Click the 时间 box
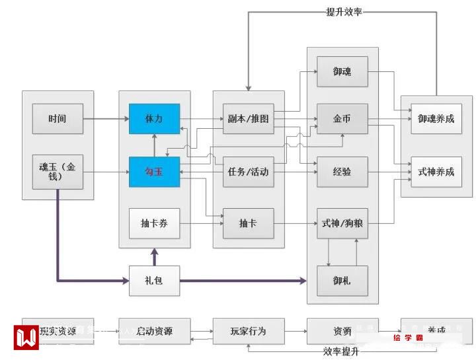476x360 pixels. click(x=58, y=119)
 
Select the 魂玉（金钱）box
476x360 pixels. click(x=58, y=172)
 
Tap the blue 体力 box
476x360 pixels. click(x=154, y=119)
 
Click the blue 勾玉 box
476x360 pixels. click(x=154, y=172)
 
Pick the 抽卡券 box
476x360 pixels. click(x=154, y=225)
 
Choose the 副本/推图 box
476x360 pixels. click(x=248, y=119)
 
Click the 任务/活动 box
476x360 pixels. click(x=248, y=172)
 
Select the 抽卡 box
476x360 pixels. click(x=248, y=225)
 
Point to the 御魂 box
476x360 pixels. click(x=342, y=71)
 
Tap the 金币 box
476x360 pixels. click(x=342, y=119)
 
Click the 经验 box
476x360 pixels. click(x=342, y=172)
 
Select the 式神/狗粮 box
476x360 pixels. click(x=342, y=225)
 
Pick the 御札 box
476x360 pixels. click(x=342, y=281)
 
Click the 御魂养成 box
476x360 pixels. click(x=436, y=119)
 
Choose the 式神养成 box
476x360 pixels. click(x=436, y=172)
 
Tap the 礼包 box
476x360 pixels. click(x=154, y=281)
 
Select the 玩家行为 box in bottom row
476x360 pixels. click(x=248, y=331)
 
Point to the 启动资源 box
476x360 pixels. click(x=154, y=331)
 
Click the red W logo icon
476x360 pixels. click(x=27, y=336)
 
